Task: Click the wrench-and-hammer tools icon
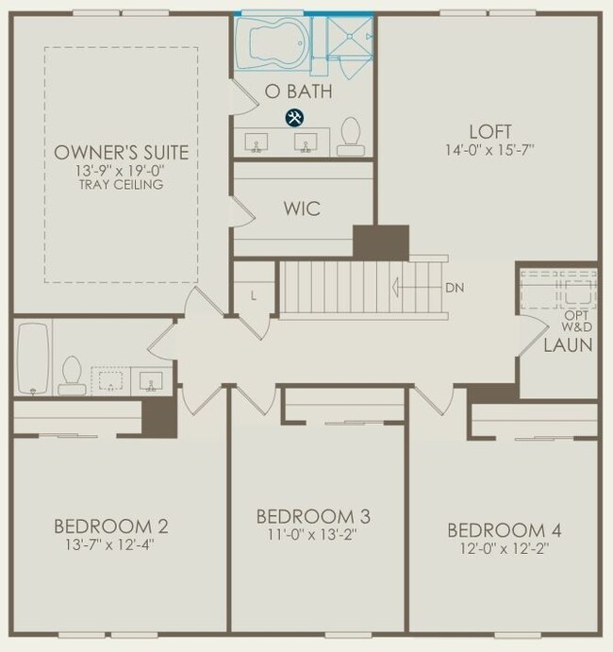(x=294, y=118)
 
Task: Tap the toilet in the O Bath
(x=351, y=137)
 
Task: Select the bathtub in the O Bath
(x=272, y=42)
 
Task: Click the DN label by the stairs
(x=455, y=288)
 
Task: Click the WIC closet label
(x=302, y=209)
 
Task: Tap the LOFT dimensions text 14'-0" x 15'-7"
(x=490, y=150)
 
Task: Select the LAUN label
(x=568, y=345)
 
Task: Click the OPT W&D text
(x=576, y=321)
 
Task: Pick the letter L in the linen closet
(x=253, y=295)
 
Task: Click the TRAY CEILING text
(x=122, y=185)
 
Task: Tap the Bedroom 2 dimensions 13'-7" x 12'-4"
(x=109, y=544)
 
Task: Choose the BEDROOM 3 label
(x=313, y=516)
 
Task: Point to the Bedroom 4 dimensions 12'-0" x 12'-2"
(x=505, y=549)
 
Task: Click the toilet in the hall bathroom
(x=72, y=376)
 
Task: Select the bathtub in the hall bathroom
(x=33, y=359)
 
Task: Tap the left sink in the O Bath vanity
(x=256, y=142)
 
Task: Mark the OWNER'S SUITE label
(x=122, y=153)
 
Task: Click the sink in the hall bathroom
(x=151, y=381)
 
